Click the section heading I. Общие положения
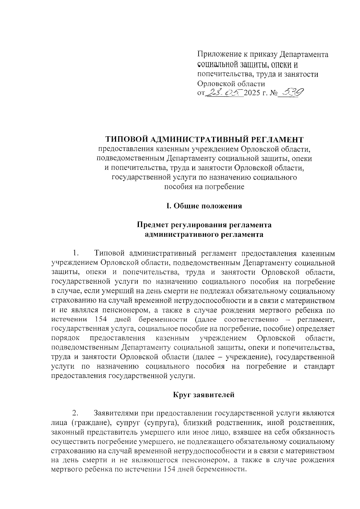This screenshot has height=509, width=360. pos(204,206)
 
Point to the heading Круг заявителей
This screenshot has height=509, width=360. pos(204,395)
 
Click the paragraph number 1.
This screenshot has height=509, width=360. pos(75,254)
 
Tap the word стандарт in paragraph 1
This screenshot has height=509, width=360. pos(319,366)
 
